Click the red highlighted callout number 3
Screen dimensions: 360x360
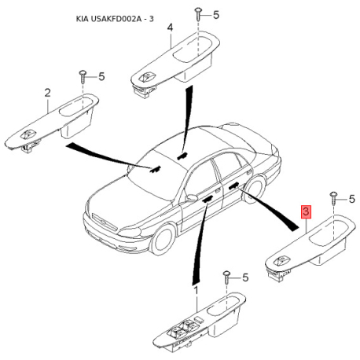(306, 211)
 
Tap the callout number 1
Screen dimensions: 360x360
(196, 290)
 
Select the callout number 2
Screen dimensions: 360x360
(47, 93)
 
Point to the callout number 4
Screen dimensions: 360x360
(170, 28)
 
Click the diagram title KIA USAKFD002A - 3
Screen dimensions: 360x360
(115, 19)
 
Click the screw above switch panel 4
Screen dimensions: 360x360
(198, 14)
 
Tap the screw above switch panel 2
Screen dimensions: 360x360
(83, 75)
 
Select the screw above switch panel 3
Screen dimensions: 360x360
(333, 198)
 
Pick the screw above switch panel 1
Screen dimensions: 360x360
(226, 277)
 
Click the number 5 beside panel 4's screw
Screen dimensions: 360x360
(216, 15)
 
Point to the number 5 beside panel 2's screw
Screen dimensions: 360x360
(101, 76)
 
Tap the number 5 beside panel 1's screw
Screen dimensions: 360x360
(245, 277)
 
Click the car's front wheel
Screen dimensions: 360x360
(163, 240)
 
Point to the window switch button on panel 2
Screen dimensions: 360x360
(27, 135)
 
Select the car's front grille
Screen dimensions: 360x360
(105, 222)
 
